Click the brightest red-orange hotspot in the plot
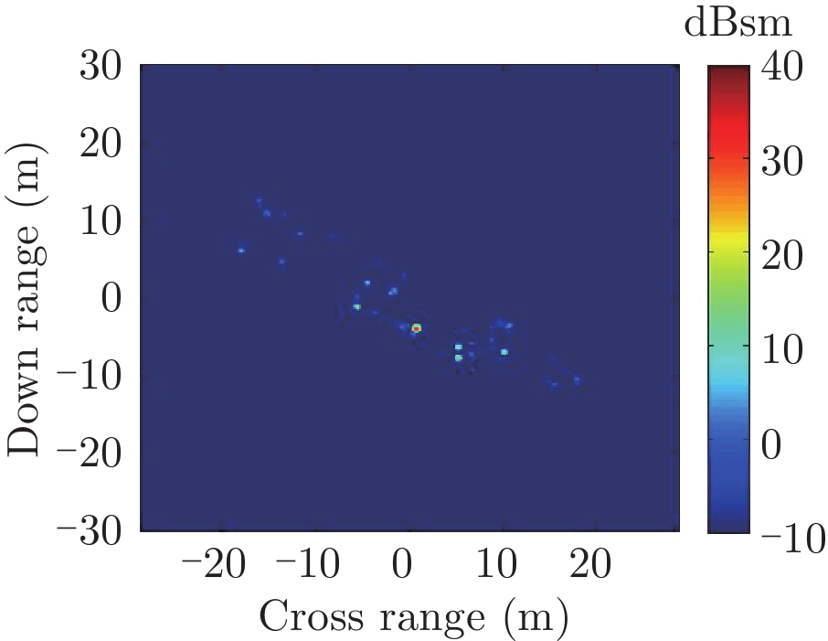[416, 327]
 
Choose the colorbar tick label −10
[790, 532]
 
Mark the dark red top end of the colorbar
[728, 73]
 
